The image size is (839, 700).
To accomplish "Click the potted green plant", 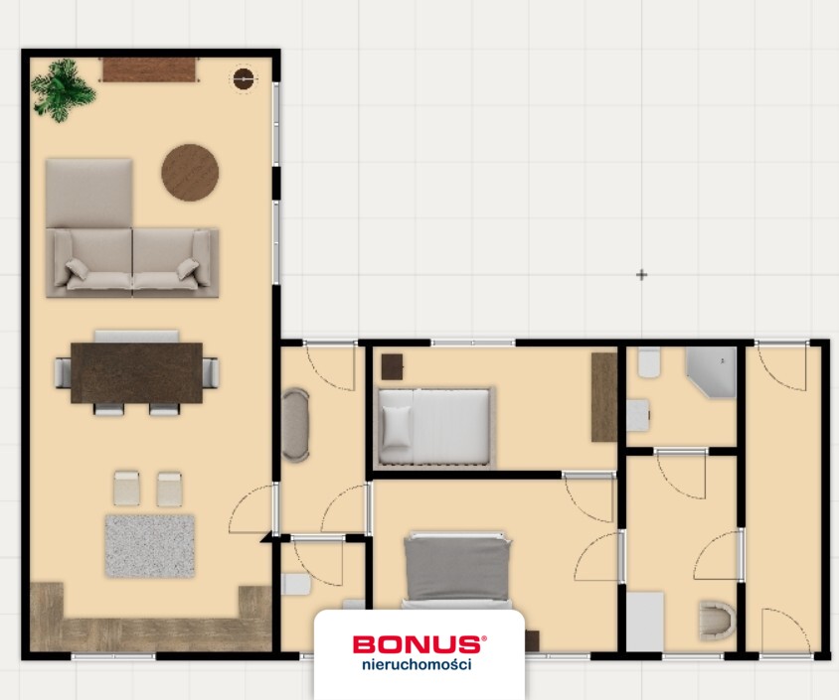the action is tap(62, 89).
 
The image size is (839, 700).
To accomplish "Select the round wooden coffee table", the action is tap(190, 172).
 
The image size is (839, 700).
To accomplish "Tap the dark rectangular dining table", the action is tap(136, 373).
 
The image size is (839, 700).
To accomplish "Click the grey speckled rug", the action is tap(150, 545).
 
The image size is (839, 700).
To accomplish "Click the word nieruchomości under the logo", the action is tap(417, 664).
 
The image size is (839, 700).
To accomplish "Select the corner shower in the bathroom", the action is tap(711, 372).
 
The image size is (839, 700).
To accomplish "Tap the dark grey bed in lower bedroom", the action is tap(457, 570).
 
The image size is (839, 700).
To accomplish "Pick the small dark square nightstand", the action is tap(393, 367).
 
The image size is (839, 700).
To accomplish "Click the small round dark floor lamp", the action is tap(244, 78).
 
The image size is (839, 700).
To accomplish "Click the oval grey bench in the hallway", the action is tap(295, 425).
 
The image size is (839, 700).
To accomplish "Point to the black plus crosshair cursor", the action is tap(641, 275).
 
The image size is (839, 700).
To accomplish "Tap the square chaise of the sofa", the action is tap(88, 193).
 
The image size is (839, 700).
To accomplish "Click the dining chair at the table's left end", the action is tap(64, 373).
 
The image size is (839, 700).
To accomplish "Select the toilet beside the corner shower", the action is tap(649, 362).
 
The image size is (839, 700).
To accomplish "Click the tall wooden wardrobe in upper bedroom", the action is tap(604, 397).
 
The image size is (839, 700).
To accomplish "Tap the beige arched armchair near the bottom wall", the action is tap(717, 621).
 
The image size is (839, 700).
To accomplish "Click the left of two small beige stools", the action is tap(126, 488).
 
